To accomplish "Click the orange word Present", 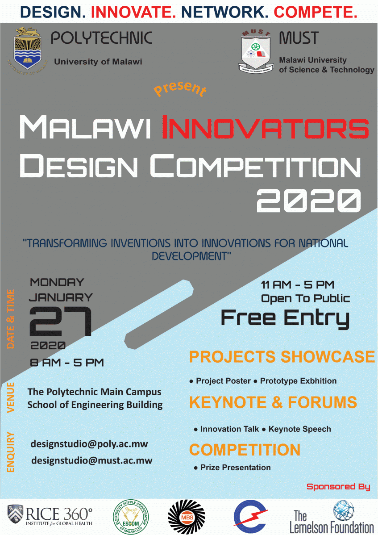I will (x=180, y=88).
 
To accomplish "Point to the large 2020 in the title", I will (x=308, y=199).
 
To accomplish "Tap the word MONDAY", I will (x=57, y=282).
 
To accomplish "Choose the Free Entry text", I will (x=285, y=318).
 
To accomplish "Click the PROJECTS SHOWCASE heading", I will (x=282, y=357).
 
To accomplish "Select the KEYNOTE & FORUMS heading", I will (x=273, y=402).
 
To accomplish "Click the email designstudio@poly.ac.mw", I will (x=89, y=444).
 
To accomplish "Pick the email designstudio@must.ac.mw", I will (x=91, y=460).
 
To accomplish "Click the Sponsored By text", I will (x=338, y=487).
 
